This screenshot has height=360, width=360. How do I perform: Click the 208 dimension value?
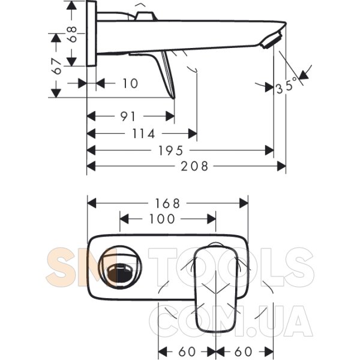[194, 166]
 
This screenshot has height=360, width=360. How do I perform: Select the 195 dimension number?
[171, 151]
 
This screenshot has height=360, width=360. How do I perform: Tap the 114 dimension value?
[144, 134]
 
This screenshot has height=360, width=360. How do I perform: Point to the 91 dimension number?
[128, 116]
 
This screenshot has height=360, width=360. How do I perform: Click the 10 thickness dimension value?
[130, 83]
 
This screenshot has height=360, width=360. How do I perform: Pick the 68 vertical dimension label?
[73, 34]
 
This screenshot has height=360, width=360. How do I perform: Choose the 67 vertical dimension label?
[57, 66]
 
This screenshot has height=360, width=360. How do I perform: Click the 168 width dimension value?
[167, 203]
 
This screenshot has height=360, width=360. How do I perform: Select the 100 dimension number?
[162, 219]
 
